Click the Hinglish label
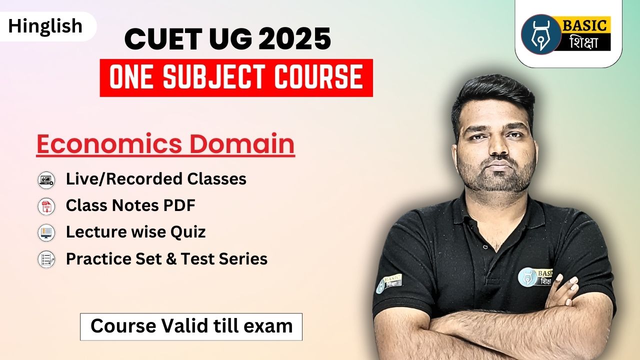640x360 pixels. coord(45,26)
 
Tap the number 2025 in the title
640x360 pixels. coord(295,38)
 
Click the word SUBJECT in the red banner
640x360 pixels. coord(213,77)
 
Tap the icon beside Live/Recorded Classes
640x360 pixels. coord(46,180)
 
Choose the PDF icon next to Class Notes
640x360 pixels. coord(46,206)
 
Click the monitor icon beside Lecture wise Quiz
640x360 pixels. coord(46,232)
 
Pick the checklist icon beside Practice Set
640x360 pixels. coord(46,259)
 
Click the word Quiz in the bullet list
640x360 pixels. coord(188,232)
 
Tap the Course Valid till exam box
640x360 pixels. coord(191,326)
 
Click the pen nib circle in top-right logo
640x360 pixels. coord(541,34)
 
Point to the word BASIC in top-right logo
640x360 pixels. coord(584,25)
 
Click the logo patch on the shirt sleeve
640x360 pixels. coord(389,283)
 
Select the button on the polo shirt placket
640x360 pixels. coord(485,246)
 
